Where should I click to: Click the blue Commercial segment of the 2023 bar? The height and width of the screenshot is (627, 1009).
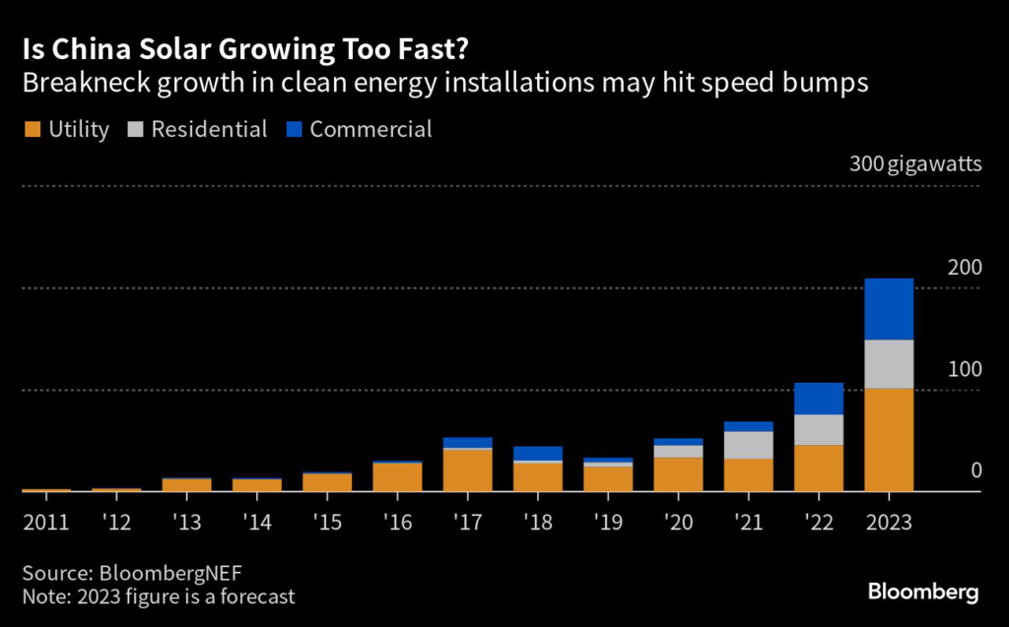(x=889, y=309)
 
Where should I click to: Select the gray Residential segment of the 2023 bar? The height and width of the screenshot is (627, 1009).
(x=889, y=364)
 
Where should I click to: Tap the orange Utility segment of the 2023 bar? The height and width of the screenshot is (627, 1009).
(x=889, y=439)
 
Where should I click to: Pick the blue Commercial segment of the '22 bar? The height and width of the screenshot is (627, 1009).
(x=819, y=399)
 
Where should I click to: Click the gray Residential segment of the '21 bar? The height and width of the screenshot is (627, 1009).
(x=749, y=445)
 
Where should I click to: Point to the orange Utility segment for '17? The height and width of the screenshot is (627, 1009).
(x=468, y=470)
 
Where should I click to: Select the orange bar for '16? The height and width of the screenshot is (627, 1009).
(x=398, y=476)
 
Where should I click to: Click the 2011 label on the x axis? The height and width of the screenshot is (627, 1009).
(x=45, y=522)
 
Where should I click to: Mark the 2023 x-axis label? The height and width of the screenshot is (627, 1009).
(x=889, y=522)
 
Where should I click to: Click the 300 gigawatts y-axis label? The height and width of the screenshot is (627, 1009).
(x=915, y=163)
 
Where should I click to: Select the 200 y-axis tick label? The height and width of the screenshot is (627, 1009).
(x=965, y=267)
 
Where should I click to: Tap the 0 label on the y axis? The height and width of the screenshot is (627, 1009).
(x=975, y=470)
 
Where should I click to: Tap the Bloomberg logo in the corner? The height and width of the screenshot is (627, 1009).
(x=923, y=592)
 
